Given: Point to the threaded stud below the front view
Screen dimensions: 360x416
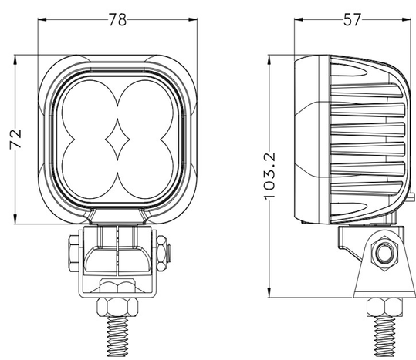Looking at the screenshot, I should coord(117,335).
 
